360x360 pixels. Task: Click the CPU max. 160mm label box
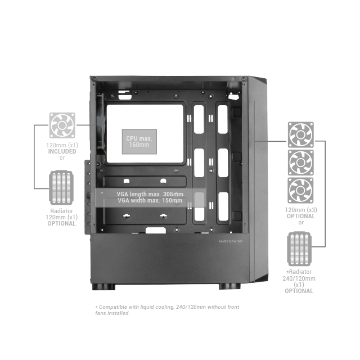139,141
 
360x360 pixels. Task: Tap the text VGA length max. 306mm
150,194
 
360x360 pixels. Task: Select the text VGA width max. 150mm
150,200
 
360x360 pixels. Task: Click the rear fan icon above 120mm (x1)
62,125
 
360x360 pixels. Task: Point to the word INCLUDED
62,151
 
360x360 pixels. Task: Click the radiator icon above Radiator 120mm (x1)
61,187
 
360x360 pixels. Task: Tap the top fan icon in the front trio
301,135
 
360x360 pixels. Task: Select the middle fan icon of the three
301,163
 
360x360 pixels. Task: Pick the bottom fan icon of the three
300,190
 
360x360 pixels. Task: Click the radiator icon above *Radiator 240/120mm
299,249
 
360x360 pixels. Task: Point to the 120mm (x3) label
301,210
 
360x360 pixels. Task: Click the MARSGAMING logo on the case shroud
231,241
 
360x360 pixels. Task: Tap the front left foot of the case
103,287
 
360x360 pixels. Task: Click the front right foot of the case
229,286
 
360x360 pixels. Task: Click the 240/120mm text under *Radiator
299,278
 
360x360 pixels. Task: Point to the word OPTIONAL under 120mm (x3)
301,216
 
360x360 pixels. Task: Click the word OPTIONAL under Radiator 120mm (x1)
61,224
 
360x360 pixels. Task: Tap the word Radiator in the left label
61,211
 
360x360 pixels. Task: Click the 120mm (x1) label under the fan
62,145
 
